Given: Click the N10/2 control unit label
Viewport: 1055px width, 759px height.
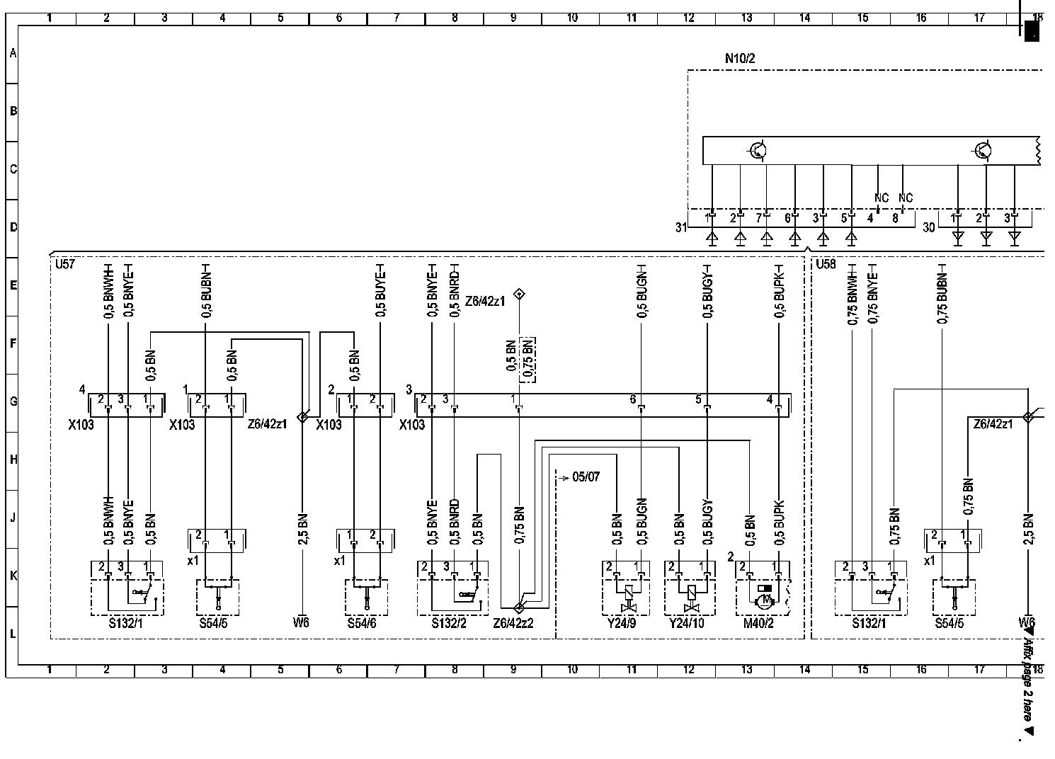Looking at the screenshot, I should coord(740,59).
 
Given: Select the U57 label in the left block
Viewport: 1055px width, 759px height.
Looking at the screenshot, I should coord(65,264).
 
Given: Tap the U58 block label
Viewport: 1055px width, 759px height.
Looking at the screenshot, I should coord(826,264).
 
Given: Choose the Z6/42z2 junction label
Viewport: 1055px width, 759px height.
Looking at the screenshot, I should coord(513,623).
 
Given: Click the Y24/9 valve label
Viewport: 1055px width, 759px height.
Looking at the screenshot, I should coord(622,623).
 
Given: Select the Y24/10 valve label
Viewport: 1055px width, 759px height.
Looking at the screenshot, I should coord(688,623).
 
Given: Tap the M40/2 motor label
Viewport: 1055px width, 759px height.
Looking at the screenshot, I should coord(758,623).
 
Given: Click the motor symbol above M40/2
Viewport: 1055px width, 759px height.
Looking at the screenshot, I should coord(763,600).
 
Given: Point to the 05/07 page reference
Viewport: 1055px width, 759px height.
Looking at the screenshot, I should coord(586,477).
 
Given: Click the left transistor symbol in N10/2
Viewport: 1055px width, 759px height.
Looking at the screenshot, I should coord(758,150).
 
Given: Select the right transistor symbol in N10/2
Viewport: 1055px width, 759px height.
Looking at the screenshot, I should coord(983,150).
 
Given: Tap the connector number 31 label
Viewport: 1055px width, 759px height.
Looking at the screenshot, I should coord(681,227).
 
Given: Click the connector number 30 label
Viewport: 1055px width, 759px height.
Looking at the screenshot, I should coord(929,227).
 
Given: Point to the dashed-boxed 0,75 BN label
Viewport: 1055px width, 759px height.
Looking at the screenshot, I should coord(528,360).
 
